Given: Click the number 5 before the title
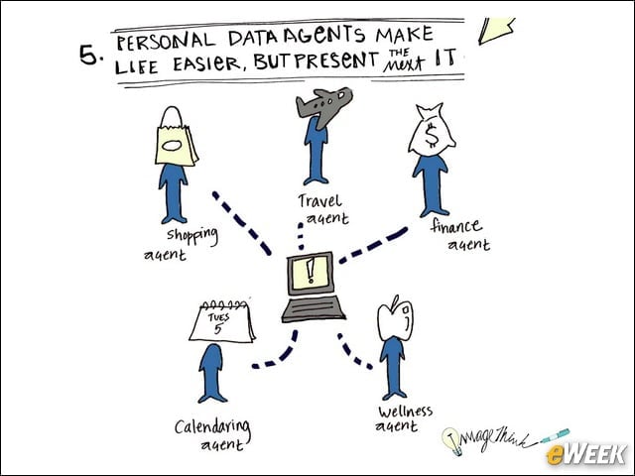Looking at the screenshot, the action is (88, 55).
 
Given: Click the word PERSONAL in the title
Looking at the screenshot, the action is (166, 41).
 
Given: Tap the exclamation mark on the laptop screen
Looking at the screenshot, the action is (311, 271).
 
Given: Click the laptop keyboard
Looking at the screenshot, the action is (314, 309).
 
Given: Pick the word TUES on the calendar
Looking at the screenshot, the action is (218, 317).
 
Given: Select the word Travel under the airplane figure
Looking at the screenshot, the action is (319, 200).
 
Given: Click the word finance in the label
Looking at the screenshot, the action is (456, 226).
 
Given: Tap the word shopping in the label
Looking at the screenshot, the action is (192, 236).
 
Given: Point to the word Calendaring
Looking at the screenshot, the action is (212, 427).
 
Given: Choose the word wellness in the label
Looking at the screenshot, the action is (406, 412).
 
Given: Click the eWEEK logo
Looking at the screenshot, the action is (585, 454).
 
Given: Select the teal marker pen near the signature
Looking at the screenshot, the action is (555, 435).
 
